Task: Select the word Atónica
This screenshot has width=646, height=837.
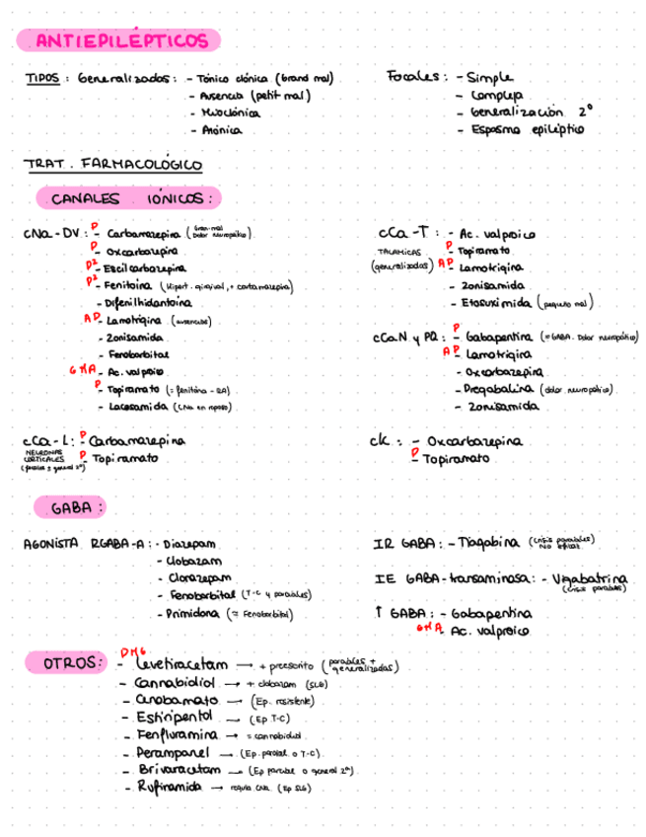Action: click(221, 129)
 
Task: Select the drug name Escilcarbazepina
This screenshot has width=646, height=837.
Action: click(143, 268)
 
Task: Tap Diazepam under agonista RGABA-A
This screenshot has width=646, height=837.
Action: click(189, 544)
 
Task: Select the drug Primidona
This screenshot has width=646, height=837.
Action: click(193, 613)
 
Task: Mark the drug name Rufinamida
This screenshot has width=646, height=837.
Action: click(170, 788)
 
